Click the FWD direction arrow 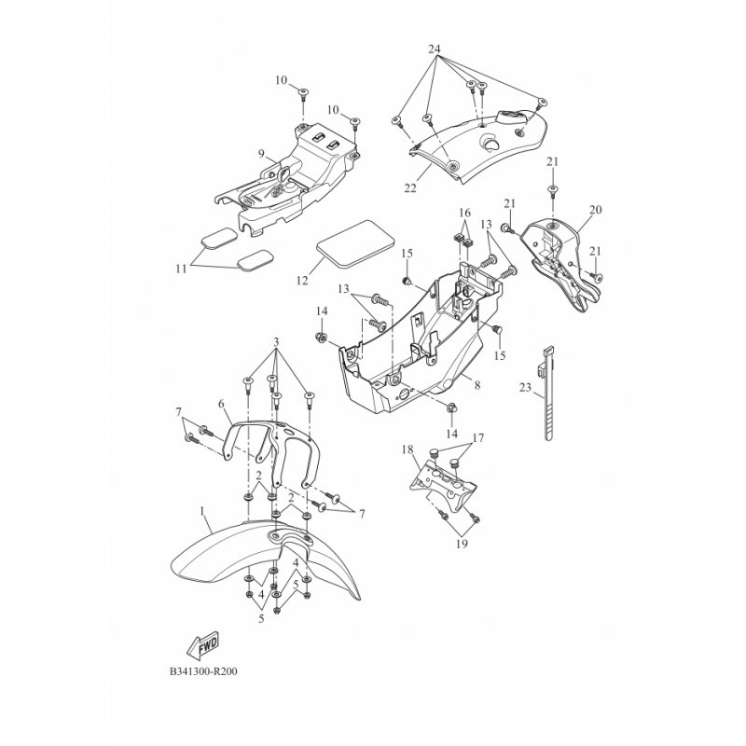(x=202, y=646)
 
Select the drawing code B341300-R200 (x=203, y=671)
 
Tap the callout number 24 (x=434, y=48)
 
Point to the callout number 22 (x=410, y=188)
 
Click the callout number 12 (x=302, y=281)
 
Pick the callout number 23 (x=525, y=388)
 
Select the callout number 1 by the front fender (x=201, y=511)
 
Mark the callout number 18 (x=408, y=449)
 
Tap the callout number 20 (x=595, y=209)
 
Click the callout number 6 (x=221, y=404)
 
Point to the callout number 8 (x=477, y=385)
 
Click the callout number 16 (x=464, y=212)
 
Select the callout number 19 (x=462, y=544)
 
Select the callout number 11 (x=181, y=269)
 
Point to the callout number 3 (x=276, y=342)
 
